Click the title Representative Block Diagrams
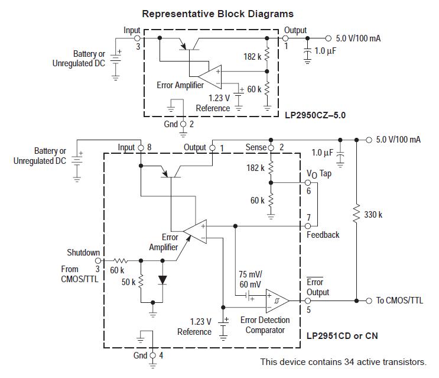click(217, 14)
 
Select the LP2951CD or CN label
click(342, 335)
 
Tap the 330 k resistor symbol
click(356, 215)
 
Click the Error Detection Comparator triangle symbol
click(277, 300)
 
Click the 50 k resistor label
click(129, 282)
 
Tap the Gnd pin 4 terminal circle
click(153, 355)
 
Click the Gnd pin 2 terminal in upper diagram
click(183, 124)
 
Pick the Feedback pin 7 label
click(323, 235)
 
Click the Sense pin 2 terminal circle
click(271, 147)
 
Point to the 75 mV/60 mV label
click(251, 279)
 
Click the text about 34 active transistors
click(343, 361)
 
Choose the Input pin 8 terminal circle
click(141, 147)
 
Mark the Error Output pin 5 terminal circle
click(308, 301)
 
